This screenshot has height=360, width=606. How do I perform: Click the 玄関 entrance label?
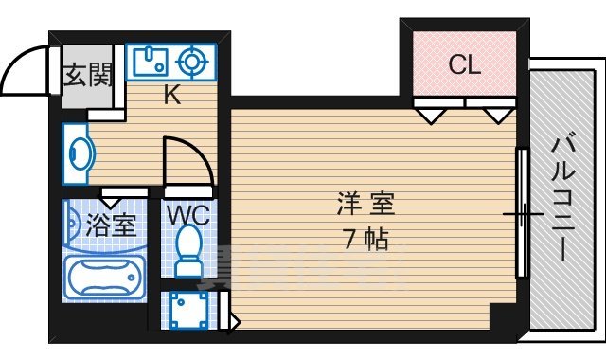coord(87,75)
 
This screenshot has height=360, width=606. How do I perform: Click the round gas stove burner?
coord(193,63)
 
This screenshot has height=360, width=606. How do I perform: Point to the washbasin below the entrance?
coord(79,152)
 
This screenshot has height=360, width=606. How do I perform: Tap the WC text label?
coord(190,214)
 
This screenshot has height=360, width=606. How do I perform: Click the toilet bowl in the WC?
coord(190,251)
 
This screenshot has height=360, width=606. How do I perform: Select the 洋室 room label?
coord(365,203)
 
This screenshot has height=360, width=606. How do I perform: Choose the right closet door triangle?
coord(497,115)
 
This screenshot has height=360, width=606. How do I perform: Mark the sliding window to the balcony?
coord(521,213)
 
